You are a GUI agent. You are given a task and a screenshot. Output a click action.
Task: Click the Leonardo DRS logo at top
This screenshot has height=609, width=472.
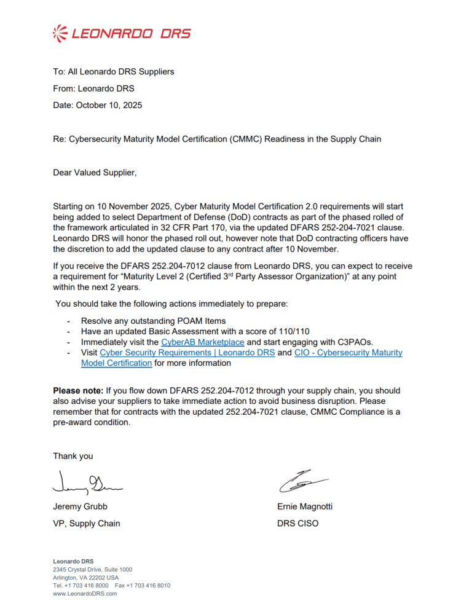click(x=122, y=33)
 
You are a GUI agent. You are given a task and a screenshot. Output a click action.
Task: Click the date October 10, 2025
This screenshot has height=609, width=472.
click(x=109, y=105)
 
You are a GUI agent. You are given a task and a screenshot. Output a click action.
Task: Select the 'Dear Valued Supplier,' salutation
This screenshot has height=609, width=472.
click(x=95, y=173)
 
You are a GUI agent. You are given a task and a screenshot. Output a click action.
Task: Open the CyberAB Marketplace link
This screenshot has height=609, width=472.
click(x=202, y=342)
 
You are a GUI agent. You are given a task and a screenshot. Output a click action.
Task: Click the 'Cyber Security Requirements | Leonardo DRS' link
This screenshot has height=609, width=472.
click(x=187, y=353)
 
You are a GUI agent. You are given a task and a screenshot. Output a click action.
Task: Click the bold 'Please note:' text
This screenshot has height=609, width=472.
click(x=78, y=390)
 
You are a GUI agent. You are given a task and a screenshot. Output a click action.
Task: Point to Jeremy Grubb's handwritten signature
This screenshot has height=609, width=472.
click(x=87, y=483)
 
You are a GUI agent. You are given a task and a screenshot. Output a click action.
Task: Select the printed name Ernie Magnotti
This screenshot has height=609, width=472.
click(x=305, y=506)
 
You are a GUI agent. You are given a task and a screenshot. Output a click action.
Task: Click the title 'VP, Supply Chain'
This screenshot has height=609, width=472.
click(x=86, y=524)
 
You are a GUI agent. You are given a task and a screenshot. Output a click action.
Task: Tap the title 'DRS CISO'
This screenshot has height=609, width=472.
click(x=298, y=524)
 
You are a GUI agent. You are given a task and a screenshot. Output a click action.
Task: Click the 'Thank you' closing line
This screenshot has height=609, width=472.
click(x=73, y=456)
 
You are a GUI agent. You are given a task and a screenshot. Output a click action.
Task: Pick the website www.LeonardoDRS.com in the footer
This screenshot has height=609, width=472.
click(x=85, y=594)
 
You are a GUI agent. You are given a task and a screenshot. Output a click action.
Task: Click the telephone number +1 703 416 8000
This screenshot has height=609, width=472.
click(x=85, y=586)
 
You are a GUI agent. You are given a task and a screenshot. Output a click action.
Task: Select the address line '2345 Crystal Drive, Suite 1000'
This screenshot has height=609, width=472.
click(x=92, y=570)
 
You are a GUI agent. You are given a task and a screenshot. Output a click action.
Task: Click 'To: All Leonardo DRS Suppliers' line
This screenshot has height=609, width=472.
click(x=114, y=71)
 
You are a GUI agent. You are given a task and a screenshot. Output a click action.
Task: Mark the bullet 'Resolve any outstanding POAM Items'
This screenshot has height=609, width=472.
click(x=154, y=321)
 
